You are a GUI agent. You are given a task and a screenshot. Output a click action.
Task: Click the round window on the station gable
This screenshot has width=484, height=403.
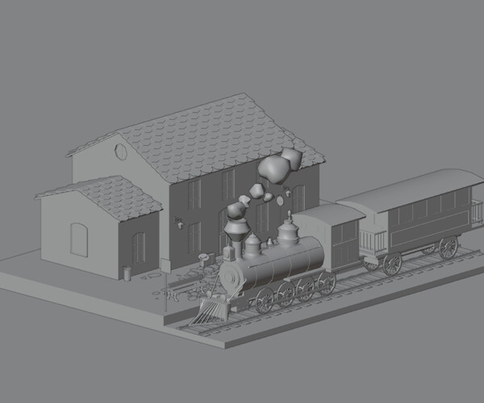click(x=121, y=151)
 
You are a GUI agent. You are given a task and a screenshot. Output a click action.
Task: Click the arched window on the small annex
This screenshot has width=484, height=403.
click(x=79, y=239)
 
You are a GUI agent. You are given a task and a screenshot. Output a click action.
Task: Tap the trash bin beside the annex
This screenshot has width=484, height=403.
click(x=127, y=273)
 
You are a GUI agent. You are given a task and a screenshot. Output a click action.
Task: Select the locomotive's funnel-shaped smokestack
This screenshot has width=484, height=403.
click(x=236, y=231)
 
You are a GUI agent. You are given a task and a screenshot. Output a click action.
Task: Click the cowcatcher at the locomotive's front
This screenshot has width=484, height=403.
click(x=212, y=310)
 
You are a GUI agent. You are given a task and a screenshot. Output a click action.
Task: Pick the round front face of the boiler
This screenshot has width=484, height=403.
click(x=232, y=276)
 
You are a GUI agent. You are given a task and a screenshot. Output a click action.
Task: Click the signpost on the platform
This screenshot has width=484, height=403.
click(x=167, y=289)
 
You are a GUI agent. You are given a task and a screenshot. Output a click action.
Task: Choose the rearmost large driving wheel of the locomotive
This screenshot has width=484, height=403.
click(x=327, y=282)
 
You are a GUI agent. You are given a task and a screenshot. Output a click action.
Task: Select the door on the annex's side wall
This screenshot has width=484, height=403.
click(x=139, y=247)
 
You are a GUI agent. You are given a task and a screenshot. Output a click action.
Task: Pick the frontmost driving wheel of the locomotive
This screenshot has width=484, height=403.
click(x=265, y=300)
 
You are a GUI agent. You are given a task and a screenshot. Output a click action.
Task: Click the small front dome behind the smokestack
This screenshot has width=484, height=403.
click(x=252, y=243)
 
